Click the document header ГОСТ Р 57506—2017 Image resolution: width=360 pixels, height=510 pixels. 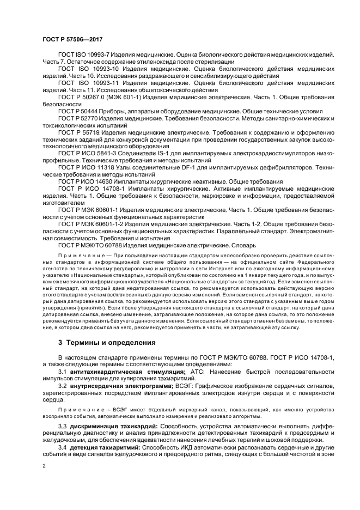[72, 39]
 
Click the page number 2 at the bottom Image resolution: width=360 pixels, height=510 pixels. [44, 466]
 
